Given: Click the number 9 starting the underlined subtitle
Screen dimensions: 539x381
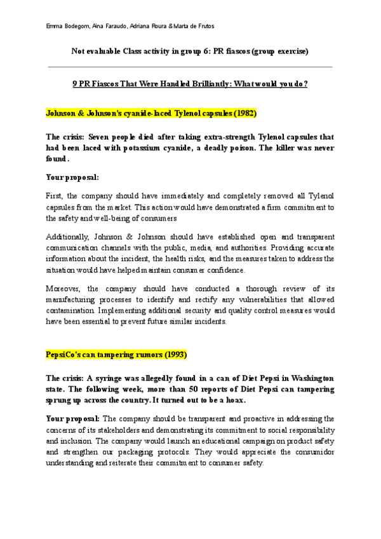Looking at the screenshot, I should [76, 83].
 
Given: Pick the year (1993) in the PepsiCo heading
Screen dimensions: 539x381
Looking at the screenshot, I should [174, 353].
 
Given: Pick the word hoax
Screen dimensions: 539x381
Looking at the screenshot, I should [239, 400].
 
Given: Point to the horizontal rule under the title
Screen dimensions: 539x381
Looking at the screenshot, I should [190, 66].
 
